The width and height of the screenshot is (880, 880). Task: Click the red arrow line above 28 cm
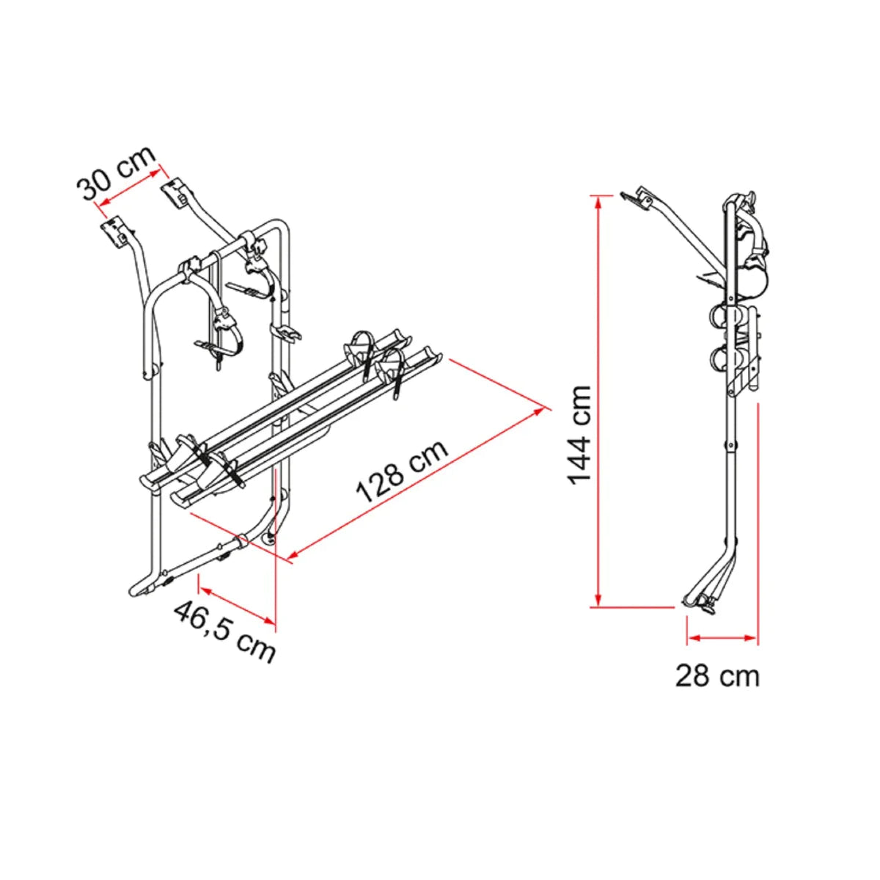pyautogui.click(x=722, y=638)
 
